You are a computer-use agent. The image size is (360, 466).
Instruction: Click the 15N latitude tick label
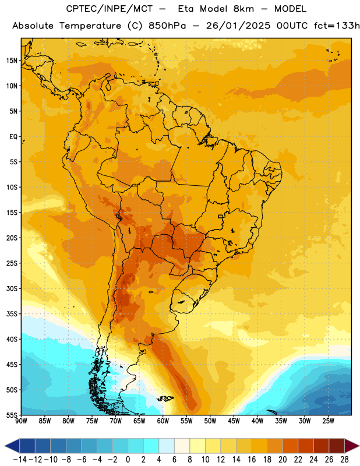tap(12, 61)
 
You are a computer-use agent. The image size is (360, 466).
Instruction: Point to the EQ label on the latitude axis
tap(13, 137)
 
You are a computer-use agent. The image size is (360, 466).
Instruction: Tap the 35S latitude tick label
tap(12, 314)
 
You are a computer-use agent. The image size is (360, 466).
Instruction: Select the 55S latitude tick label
tap(12, 415)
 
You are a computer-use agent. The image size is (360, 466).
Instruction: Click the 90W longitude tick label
tap(21, 421)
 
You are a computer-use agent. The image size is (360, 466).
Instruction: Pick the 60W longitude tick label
tap(163, 421)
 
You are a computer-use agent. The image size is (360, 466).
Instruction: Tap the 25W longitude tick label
tap(328, 421)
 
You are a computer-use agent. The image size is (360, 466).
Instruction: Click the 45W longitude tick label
tap(234, 421)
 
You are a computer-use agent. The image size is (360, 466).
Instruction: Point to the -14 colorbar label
tap(20, 460)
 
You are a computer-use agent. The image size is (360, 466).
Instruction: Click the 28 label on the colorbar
tap(344, 460)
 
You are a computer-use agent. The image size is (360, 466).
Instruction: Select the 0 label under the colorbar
tap(128, 460)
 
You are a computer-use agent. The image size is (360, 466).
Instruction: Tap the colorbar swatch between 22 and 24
tap(306, 446)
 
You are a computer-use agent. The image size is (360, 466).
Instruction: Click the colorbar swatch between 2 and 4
tap(151, 446)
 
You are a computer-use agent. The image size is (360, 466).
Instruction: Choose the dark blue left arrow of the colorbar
tap(12, 446)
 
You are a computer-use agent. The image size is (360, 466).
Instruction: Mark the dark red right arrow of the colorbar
tap(352, 446)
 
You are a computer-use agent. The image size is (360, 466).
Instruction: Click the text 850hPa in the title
tap(167, 26)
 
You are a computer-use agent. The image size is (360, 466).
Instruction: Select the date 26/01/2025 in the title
tap(238, 26)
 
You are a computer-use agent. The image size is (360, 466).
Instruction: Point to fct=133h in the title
tap(337, 26)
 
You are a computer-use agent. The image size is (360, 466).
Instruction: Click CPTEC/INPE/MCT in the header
tap(109, 9)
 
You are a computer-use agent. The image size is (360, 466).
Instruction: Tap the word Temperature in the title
tap(90, 26)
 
